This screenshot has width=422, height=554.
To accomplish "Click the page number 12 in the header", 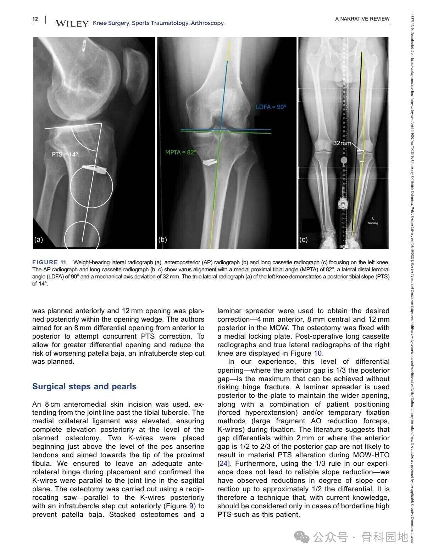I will pos(35,19).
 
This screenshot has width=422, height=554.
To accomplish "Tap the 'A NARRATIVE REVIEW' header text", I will pos(362,19).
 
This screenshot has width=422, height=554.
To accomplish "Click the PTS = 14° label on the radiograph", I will pos(65,154).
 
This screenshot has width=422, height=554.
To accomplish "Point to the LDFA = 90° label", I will pos(271,107).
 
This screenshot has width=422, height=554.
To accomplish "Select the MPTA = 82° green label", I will pos(181,152).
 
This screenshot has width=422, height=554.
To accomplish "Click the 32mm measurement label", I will pos(342,143).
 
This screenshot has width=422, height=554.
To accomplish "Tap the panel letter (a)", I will pos(38,239).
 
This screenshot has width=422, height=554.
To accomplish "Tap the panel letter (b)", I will pos(162,239).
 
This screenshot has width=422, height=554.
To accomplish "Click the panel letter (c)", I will pos(303,239).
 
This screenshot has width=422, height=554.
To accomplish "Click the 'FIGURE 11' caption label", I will pos(49,262).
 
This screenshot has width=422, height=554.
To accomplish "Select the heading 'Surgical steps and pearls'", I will pos(84,386).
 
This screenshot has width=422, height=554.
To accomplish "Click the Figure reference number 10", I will pos(318,353).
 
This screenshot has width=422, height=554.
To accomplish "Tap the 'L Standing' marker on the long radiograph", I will pos(373,221).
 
